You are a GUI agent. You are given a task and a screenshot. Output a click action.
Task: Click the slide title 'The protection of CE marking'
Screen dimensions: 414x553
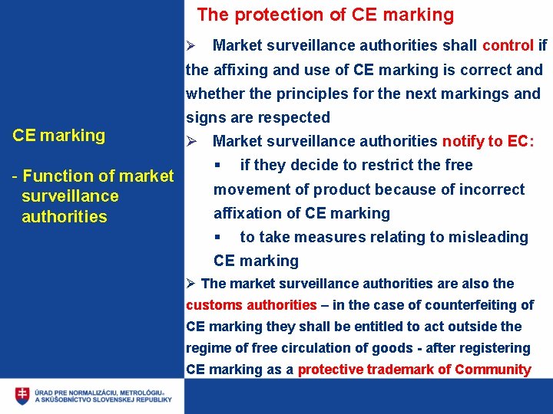click(x=325, y=15)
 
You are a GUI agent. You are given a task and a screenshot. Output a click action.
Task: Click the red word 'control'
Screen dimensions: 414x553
click(x=508, y=45)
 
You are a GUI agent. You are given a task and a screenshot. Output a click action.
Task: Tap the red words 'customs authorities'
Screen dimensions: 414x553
click(x=251, y=304)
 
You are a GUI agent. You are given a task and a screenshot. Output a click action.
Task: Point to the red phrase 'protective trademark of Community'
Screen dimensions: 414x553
click(x=414, y=370)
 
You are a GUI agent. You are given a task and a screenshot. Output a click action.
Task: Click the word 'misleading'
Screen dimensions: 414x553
click(x=488, y=237)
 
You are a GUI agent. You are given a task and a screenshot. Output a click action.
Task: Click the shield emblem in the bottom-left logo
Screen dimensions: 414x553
click(x=23, y=396)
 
